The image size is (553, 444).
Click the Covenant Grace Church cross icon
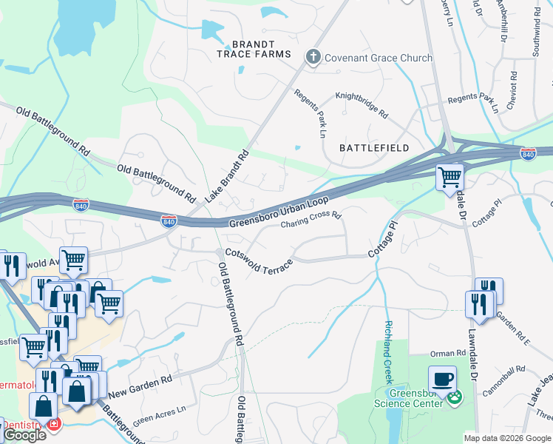coord(313,56)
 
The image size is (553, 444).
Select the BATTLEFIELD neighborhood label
coord(374,148)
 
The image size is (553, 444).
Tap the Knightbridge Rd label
coord(362,104)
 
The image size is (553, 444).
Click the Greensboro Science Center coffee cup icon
coord(443,378)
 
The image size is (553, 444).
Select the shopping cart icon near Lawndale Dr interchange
coord(449,178)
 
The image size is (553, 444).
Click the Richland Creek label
coord(387,351)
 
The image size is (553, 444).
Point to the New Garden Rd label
coord(140,386)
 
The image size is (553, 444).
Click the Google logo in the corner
coord(24,435)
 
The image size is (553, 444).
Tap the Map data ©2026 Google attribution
coord(507,438)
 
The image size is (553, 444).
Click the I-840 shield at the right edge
coord(528,154)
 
